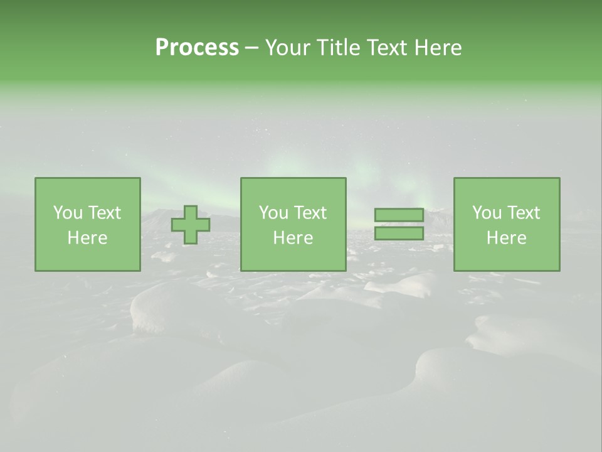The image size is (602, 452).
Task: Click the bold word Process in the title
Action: [x=197, y=48]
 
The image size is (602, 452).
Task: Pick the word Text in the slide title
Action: [x=384, y=48]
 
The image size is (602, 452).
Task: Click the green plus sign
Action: [x=191, y=225]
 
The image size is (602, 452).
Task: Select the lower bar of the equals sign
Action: [x=399, y=234]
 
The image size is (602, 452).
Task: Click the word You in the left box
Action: [x=68, y=213]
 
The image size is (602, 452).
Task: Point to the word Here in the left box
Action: [x=87, y=238]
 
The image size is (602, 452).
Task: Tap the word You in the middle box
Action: [x=273, y=213]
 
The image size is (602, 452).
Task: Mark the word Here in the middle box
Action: [x=293, y=238]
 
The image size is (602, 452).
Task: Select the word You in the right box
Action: [x=487, y=213]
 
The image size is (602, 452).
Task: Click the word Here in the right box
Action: [x=506, y=238]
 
